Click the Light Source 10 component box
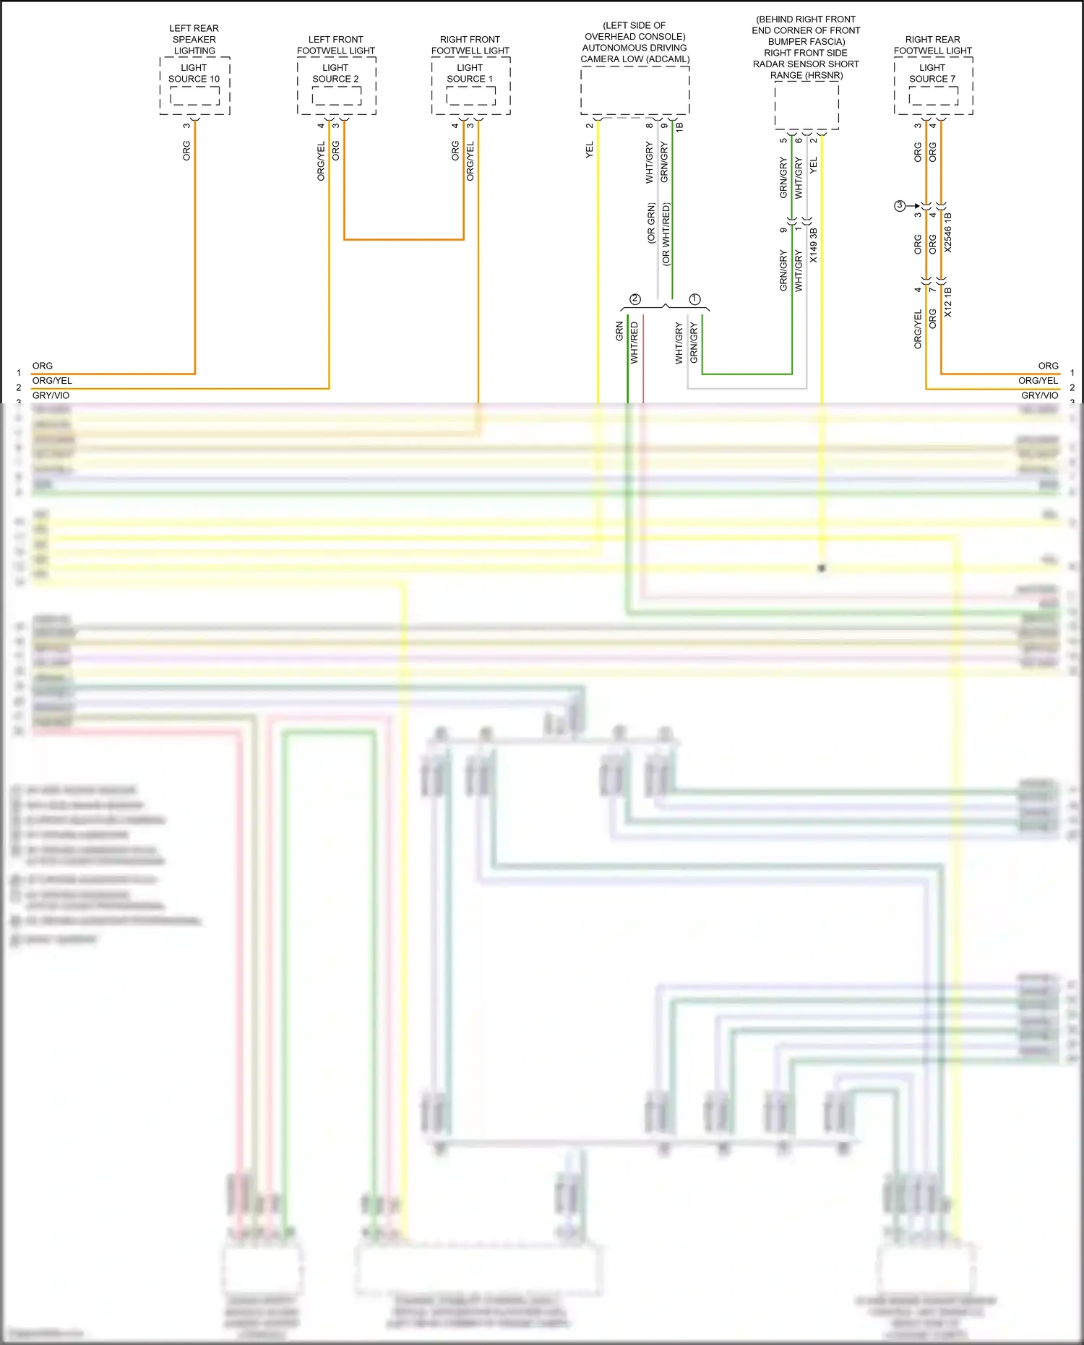pyautogui.click(x=194, y=85)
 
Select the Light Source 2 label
pyautogui.click(x=335, y=73)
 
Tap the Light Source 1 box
pyautogui.click(x=470, y=86)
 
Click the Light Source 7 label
pyautogui.click(x=932, y=73)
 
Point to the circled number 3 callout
pyautogui.click(x=900, y=206)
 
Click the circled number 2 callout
pyautogui.click(x=635, y=298)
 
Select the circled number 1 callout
pyautogui.click(x=695, y=298)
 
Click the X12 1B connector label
pyautogui.click(x=948, y=302)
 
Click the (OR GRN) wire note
pyautogui.click(x=650, y=223)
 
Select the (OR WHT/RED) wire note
pyautogui.click(x=666, y=234)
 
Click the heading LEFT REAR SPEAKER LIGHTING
pyautogui.click(x=194, y=40)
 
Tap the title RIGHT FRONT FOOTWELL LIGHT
pyautogui.click(x=470, y=45)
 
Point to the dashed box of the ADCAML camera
pyautogui.click(x=635, y=90)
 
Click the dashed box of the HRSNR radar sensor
pyautogui.click(x=806, y=106)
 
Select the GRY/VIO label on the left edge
pyautogui.click(x=51, y=395)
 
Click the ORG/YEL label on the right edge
pyautogui.click(x=1038, y=380)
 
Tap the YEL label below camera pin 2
pyautogui.click(x=590, y=150)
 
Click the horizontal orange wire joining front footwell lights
pyautogui.click(x=403, y=239)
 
